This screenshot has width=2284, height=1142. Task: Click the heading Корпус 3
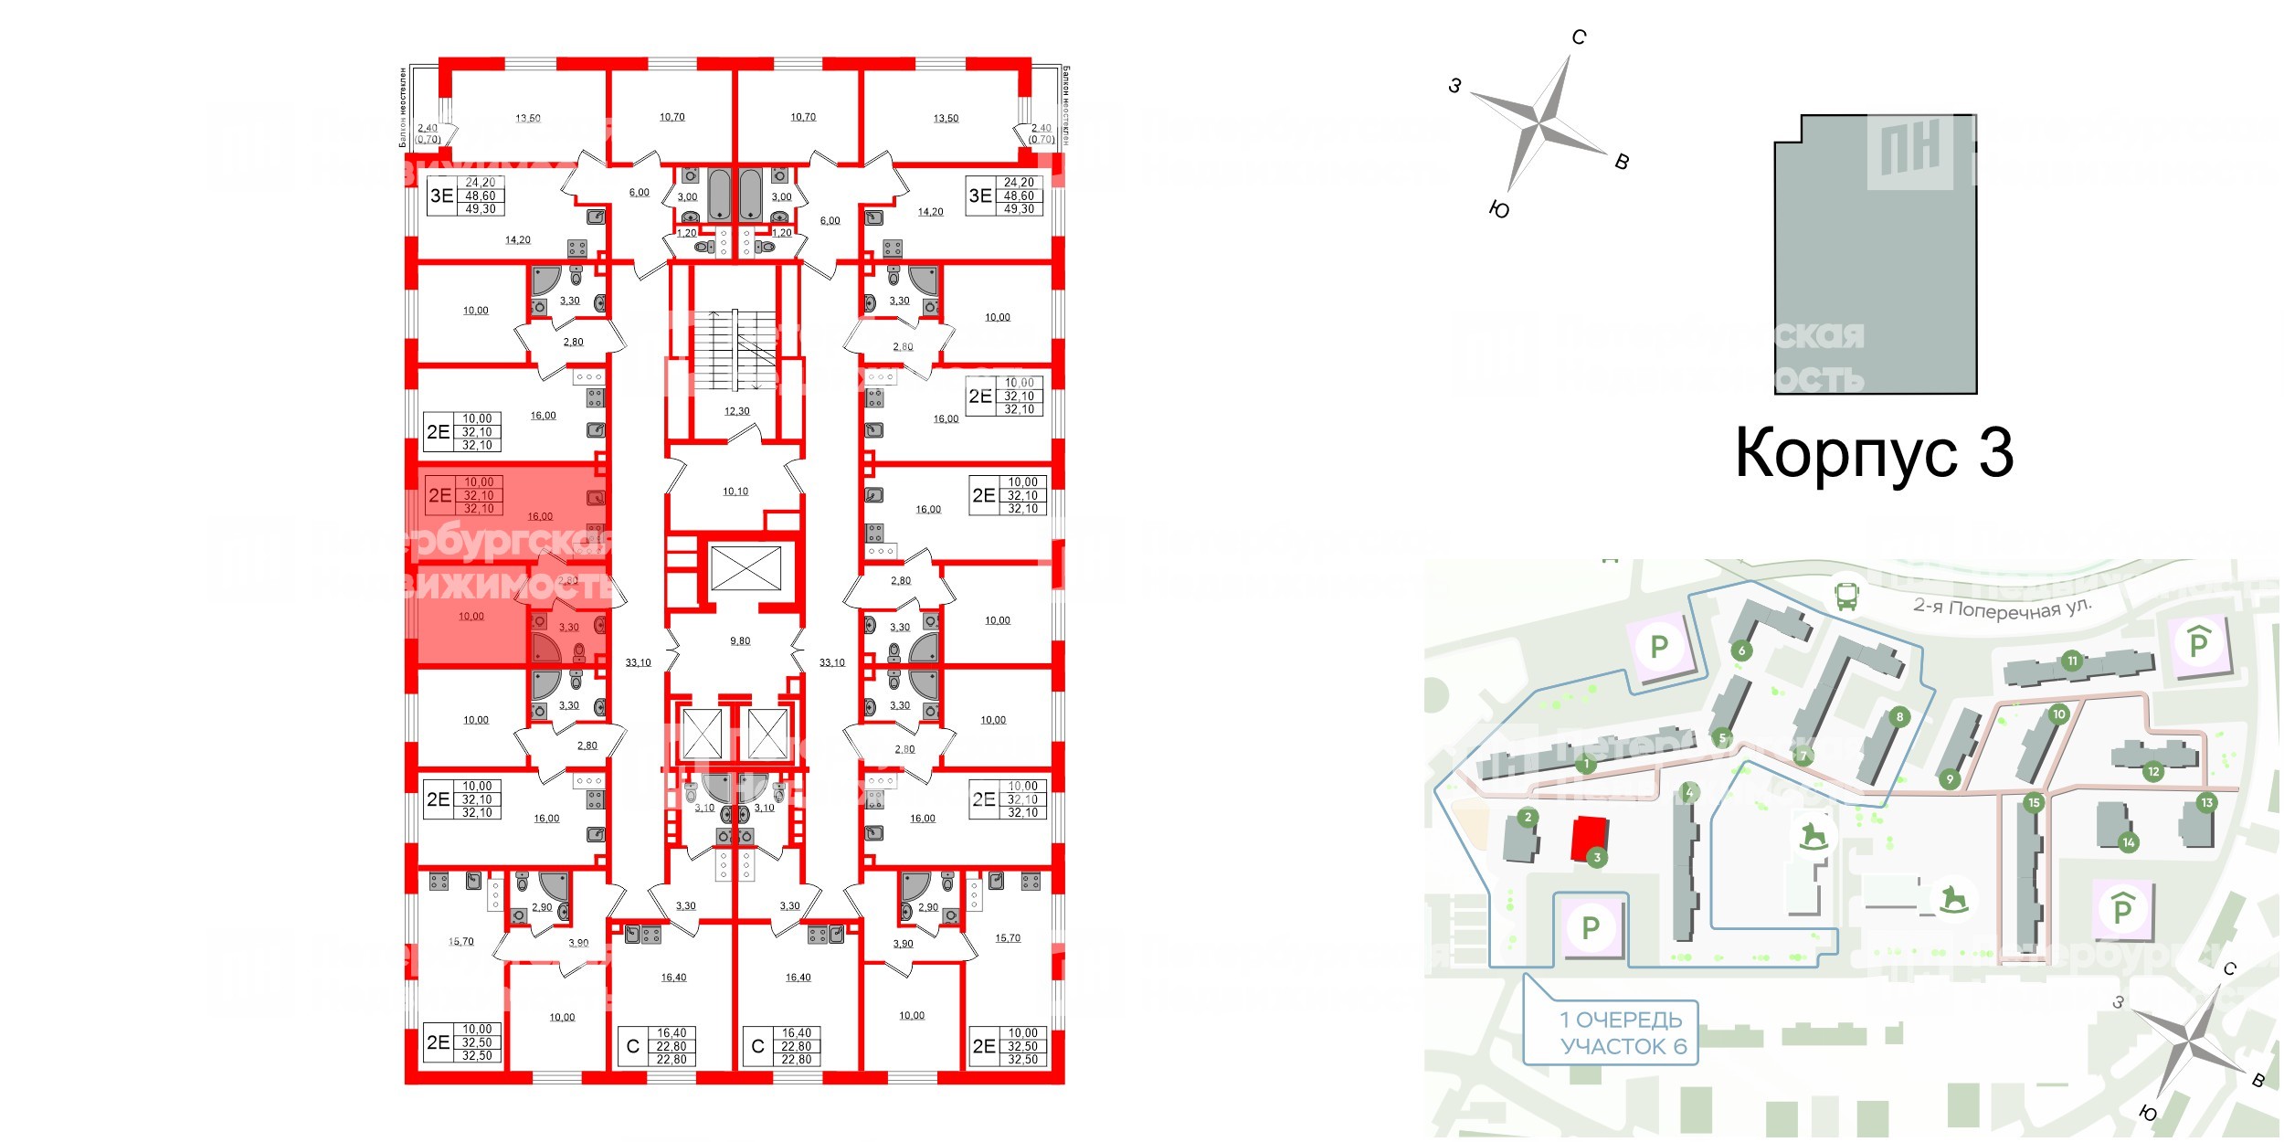click(x=1874, y=453)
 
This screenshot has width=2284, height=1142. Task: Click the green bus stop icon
click(x=1846, y=597)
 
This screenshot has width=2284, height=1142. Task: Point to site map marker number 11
click(x=2072, y=661)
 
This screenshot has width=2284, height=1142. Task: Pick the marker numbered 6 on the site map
click(x=1741, y=650)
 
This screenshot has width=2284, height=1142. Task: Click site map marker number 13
click(x=2206, y=803)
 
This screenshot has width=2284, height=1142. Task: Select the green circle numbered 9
click(x=1950, y=779)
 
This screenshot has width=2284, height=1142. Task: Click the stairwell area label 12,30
click(x=736, y=411)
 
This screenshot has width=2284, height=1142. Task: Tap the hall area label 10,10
click(x=735, y=492)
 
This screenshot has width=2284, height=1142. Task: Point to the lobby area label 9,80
click(x=740, y=641)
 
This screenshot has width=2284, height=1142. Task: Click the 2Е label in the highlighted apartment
click(x=439, y=495)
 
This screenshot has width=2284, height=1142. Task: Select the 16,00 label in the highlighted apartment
click(x=540, y=517)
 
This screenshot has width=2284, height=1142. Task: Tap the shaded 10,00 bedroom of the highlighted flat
click(x=471, y=617)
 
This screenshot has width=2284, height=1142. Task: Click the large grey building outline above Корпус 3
click(x=1875, y=256)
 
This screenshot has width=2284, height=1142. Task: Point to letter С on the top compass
click(x=1579, y=37)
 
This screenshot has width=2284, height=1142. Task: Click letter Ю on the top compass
click(x=1499, y=209)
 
